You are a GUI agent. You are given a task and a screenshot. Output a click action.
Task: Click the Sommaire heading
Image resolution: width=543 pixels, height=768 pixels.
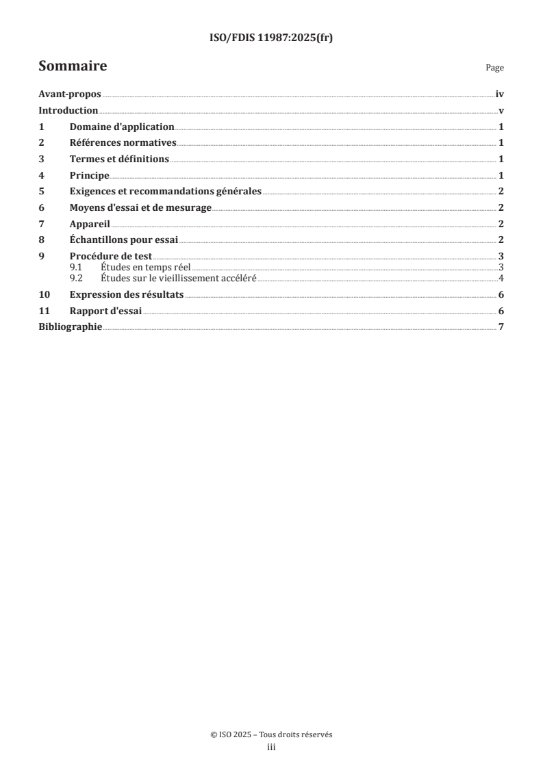(73, 66)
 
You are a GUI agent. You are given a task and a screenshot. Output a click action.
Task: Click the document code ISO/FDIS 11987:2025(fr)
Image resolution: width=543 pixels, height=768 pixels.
(270, 38)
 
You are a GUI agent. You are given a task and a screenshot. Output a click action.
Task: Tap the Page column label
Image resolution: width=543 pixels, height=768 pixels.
(494, 68)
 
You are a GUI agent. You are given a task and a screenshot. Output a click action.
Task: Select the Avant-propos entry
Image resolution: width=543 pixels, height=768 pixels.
(70, 94)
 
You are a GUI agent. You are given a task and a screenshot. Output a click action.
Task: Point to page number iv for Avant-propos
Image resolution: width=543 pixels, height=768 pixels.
(500, 94)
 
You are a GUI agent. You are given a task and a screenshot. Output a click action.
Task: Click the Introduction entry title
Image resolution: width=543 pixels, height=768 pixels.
(68, 111)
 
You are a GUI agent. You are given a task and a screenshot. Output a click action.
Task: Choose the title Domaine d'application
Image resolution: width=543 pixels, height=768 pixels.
(122, 127)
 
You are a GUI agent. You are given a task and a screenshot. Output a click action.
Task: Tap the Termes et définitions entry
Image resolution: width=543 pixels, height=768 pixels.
(119, 159)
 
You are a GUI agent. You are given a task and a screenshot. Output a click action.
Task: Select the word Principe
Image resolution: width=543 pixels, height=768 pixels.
(89, 175)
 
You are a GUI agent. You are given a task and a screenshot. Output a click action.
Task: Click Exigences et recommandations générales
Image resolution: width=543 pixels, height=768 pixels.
(165, 192)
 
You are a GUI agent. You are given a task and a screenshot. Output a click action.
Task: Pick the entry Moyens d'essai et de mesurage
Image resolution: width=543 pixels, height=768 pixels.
(140, 207)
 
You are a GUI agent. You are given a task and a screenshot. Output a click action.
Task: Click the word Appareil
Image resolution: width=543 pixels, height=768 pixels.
(90, 224)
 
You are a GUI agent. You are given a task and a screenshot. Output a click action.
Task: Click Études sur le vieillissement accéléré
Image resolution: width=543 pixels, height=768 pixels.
(178, 278)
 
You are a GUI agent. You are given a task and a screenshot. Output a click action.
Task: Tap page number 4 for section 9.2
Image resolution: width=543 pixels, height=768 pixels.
(501, 278)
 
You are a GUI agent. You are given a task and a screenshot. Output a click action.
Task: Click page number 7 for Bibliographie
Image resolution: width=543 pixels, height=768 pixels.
(501, 327)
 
